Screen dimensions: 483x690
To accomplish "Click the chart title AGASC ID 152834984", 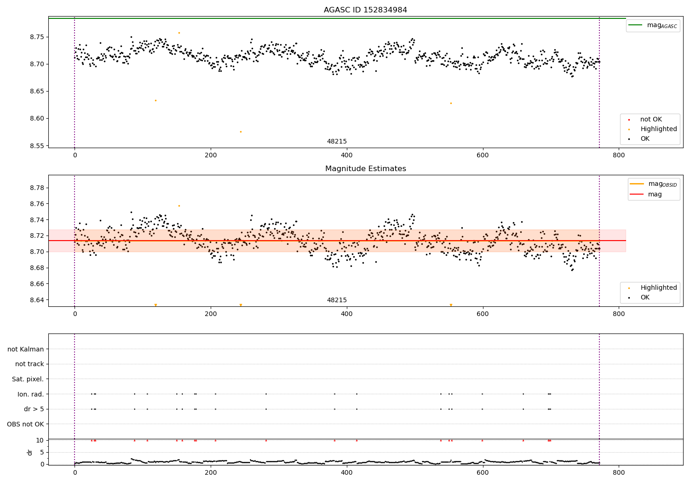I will (x=365, y=10).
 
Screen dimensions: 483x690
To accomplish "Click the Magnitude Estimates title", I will (x=365, y=169).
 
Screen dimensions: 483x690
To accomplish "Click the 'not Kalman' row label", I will (x=26, y=349).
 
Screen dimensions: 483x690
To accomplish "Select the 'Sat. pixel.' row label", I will (x=28, y=379).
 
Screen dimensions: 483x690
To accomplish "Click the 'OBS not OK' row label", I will (x=25, y=424).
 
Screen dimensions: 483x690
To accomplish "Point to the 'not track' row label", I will (x=29, y=364).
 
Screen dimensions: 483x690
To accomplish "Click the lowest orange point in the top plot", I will (x=241, y=132).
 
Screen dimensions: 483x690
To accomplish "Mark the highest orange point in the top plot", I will (x=179, y=33).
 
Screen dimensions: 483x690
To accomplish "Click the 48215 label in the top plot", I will (x=337, y=142).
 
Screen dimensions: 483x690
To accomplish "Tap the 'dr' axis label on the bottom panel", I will (x=30, y=452).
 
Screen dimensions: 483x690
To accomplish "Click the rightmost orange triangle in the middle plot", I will (x=451, y=305).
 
